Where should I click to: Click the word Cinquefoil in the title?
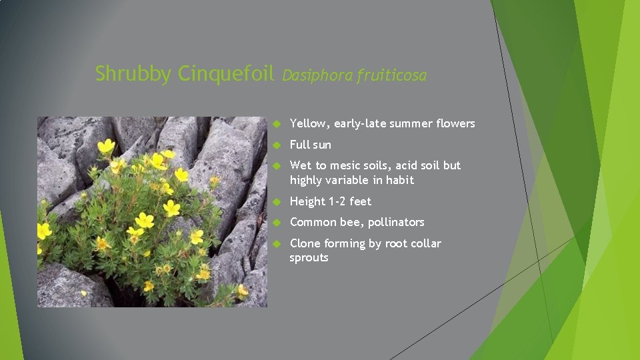coord(226,73)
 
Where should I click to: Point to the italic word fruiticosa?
coord(391,75)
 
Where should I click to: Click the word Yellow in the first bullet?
coord(309,123)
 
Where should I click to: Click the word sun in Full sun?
coord(321,145)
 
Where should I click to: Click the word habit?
coord(399,180)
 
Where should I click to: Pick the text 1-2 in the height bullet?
coord(339,201)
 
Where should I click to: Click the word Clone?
coord(305,243)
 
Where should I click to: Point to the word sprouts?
coord(309,258)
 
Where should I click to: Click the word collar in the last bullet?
coord(425,243)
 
